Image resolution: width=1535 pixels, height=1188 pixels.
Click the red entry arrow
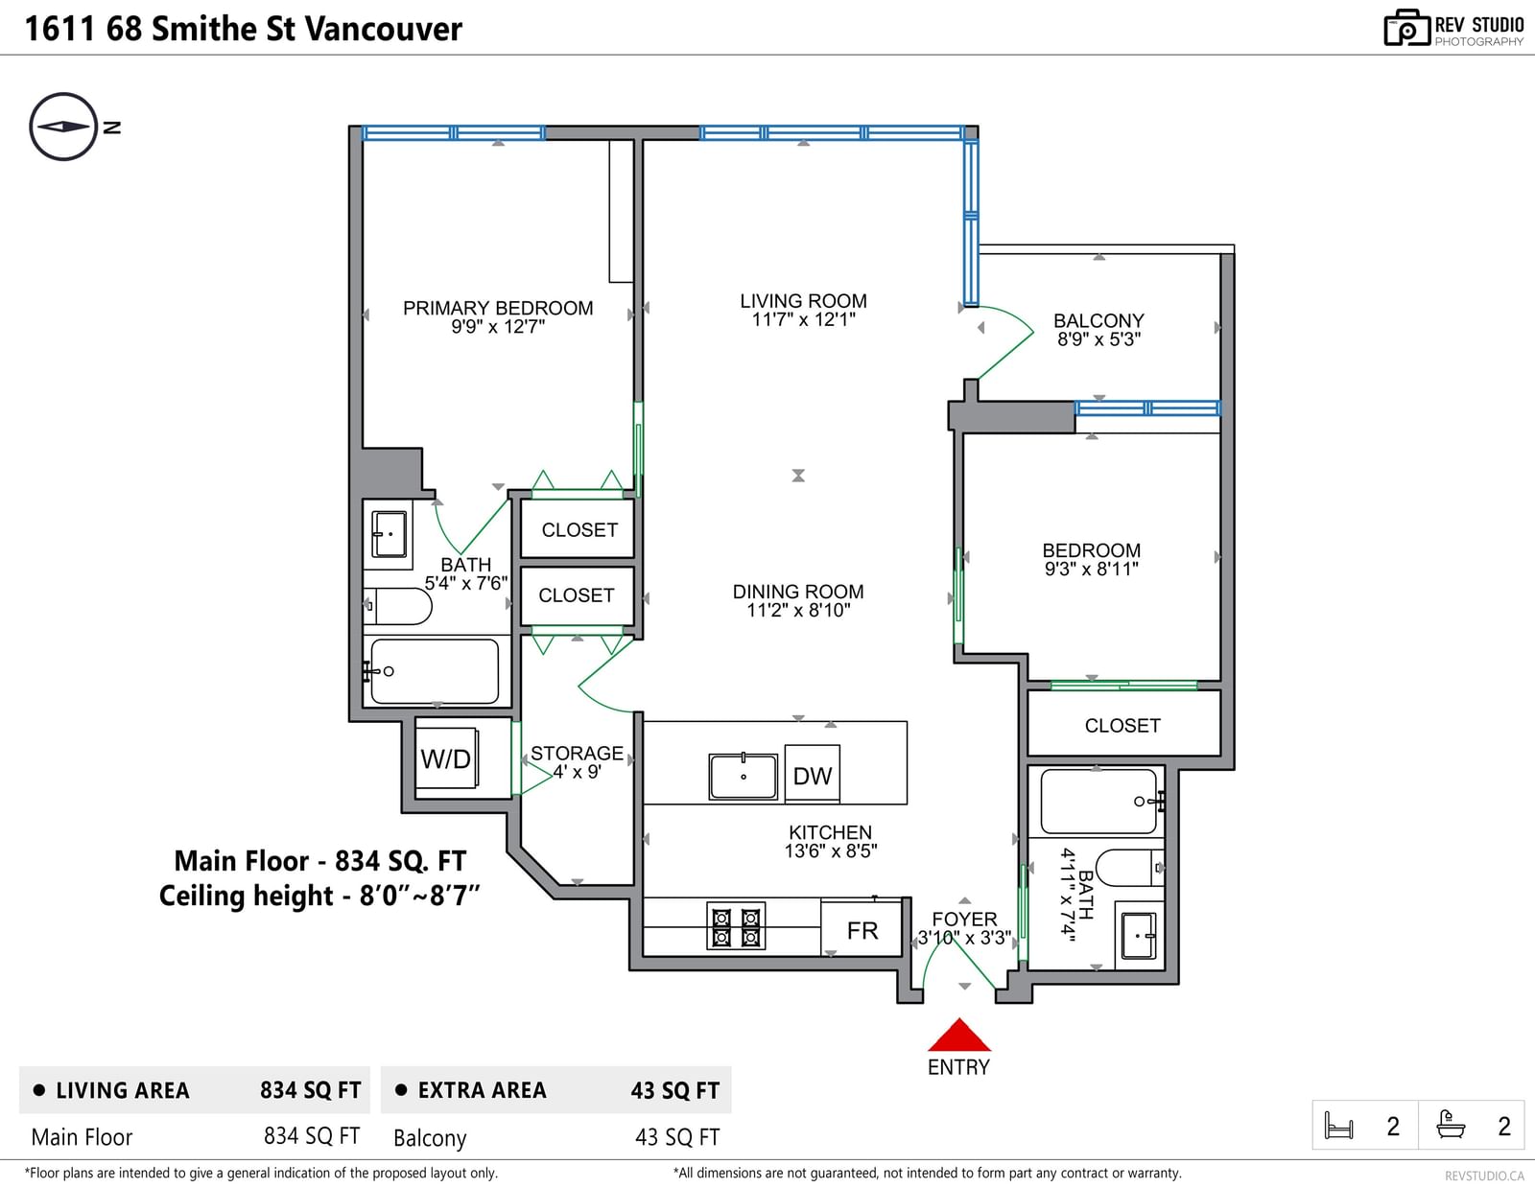pos(958,1035)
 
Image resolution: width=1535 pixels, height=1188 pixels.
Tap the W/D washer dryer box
pos(446,758)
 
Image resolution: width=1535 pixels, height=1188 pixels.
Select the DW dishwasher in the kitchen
pos(813,775)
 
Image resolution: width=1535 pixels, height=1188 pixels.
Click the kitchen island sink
pos(744,777)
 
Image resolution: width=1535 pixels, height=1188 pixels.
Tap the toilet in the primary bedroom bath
pos(398,606)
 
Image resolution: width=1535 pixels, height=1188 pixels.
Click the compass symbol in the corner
pos(63,128)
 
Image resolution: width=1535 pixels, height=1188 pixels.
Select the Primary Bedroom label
pos(498,308)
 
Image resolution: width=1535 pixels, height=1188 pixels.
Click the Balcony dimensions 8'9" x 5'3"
pos(1099,339)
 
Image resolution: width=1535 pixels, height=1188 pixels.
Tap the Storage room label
pos(577,754)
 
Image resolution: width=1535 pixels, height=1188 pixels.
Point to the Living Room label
pos(803,301)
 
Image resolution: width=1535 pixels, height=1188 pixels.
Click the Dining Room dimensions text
pos(798,610)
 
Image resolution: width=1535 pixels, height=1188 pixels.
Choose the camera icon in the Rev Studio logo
pos(1405,28)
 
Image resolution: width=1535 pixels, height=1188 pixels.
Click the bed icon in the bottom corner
pos(1338,1125)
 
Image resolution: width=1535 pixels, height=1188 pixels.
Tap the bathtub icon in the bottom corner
pos(1451,1124)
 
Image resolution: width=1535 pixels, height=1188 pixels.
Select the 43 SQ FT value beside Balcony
pos(677,1137)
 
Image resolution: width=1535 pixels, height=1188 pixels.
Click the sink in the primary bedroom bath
pos(389,534)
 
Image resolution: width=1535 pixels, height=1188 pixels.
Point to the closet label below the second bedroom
pos(1122,725)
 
